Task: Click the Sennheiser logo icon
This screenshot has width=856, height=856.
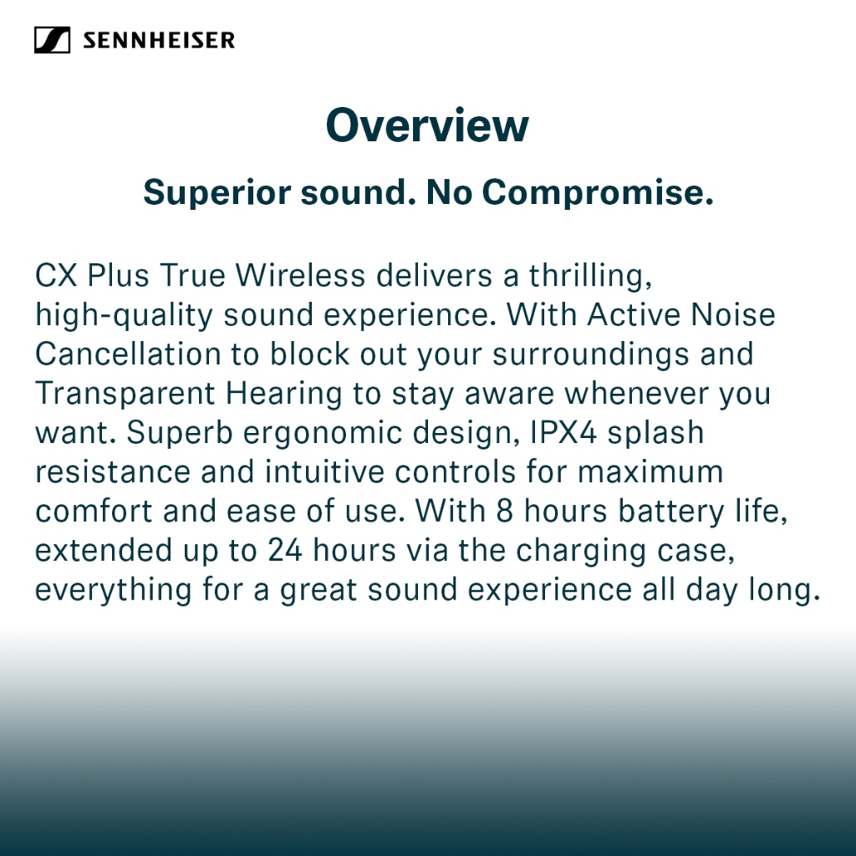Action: [x=52, y=40]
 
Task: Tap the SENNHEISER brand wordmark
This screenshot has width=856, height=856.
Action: [x=159, y=40]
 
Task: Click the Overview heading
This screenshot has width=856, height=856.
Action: [x=427, y=125]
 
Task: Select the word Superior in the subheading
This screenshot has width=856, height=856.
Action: [x=217, y=193]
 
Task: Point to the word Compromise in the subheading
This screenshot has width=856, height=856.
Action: [x=598, y=193]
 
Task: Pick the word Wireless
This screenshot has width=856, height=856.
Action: [x=300, y=275]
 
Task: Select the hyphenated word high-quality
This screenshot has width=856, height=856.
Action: [x=124, y=316]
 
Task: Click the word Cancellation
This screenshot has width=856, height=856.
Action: [x=128, y=354]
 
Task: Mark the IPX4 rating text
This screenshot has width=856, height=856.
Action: [x=563, y=432]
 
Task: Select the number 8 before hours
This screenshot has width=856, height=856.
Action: [x=505, y=512]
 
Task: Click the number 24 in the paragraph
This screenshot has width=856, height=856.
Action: [x=285, y=550]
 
